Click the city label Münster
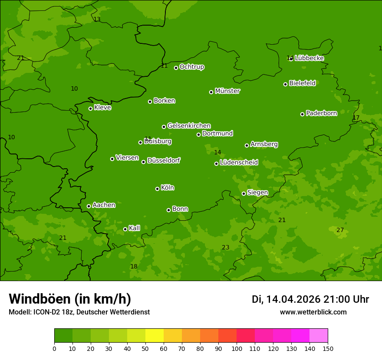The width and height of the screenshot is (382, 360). (x=227, y=91)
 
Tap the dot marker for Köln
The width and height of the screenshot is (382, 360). (x=157, y=189)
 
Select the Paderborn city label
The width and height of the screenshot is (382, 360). (x=321, y=113)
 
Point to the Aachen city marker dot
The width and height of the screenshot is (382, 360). (x=89, y=206)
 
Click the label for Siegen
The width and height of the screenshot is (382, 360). (x=257, y=193)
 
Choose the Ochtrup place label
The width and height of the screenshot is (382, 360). (x=191, y=67)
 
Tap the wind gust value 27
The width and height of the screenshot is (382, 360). (x=340, y=230)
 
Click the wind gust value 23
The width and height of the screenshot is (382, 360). (x=225, y=247)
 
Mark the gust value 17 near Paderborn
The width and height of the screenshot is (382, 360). (x=356, y=118)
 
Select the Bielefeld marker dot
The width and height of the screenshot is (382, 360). (x=285, y=84)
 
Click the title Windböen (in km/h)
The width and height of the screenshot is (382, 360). (x=70, y=299)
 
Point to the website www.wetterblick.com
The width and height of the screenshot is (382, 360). (x=313, y=312)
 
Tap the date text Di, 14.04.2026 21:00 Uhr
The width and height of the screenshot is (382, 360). (x=310, y=299)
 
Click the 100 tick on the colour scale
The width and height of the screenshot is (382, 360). (x=237, y=348)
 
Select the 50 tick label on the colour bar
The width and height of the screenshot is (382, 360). (x=145, y=348)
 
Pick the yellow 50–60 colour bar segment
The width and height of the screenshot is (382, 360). (x=155, y=336)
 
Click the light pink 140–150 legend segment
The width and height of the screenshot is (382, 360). (x=319, y=336)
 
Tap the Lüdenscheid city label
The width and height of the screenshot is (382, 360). (x=239, y=163)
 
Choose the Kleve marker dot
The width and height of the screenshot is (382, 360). (x=90, y=108)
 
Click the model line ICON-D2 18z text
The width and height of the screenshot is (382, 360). (x=79, y=312)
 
